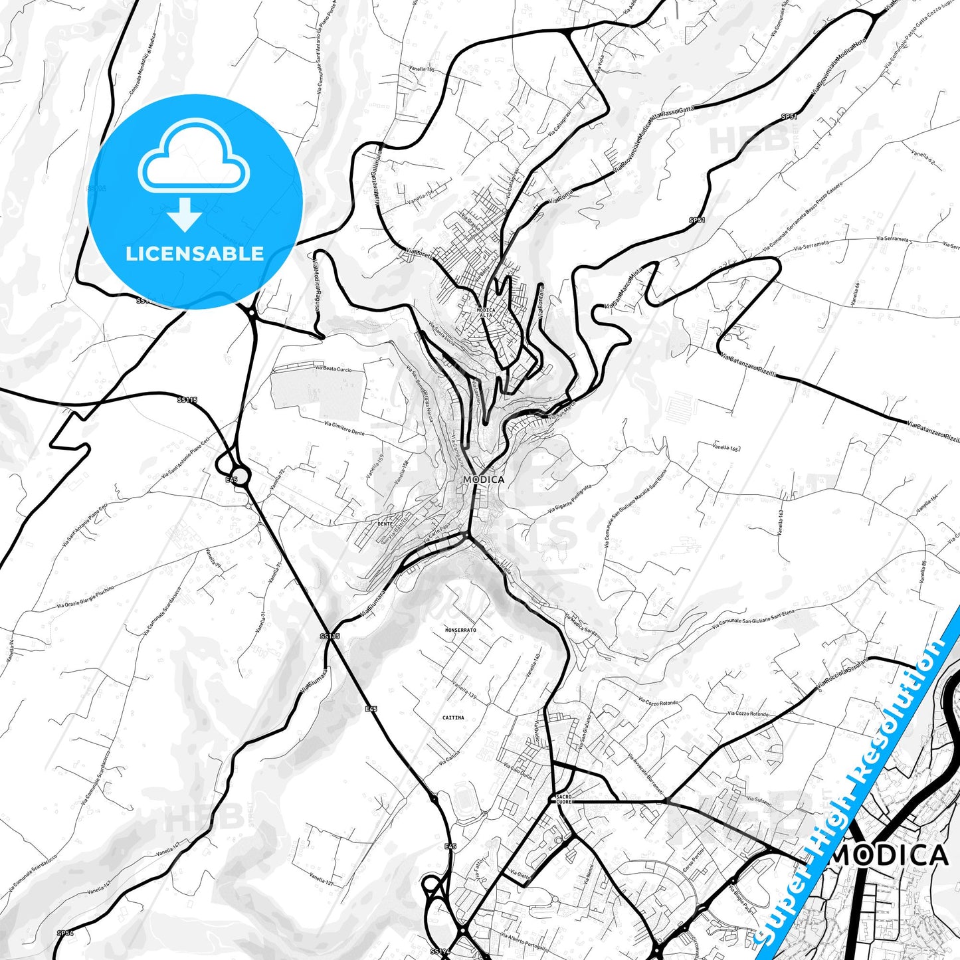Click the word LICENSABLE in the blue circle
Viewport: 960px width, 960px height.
pos(195,254)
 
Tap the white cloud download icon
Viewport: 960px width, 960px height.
pos(193,174)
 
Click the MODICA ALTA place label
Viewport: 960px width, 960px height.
pos(486,312)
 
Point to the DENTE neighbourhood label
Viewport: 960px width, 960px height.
pos(385,524)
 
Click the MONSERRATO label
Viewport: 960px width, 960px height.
pos(460,629)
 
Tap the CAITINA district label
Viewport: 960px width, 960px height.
pos(453,718)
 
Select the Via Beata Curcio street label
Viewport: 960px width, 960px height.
pos(334,369)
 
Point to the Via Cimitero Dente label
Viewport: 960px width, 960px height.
pos(344,428)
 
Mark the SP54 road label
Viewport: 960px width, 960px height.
pos(64,933)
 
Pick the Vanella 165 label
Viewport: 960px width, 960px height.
pos(726,448)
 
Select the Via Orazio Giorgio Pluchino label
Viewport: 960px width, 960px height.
pos(85,597)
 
